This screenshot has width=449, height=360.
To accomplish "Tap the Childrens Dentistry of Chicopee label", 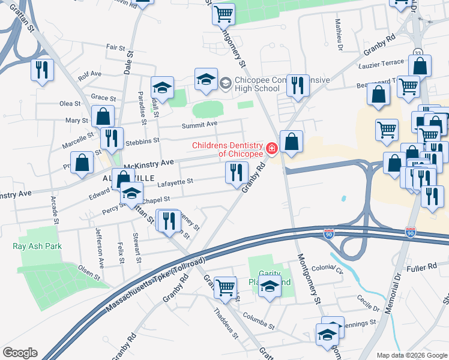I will coord(228,149).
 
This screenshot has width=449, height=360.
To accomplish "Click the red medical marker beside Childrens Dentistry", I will coord(271,148).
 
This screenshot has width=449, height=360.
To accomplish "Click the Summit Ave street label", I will coord(200,124).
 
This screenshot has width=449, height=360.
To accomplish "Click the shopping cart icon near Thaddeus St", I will coord(225,286).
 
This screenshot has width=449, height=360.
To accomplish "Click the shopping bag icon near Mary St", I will coord(103,115).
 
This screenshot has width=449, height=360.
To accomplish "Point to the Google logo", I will coord(20,353).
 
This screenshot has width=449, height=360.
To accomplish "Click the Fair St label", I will coord(115,47).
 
